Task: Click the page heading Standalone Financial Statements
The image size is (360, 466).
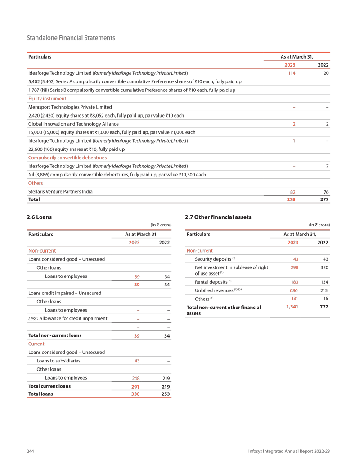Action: click(x=71, y=38)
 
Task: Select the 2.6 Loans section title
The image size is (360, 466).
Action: click(x=40, y=217)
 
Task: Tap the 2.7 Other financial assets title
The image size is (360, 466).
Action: click(x=218, y=217)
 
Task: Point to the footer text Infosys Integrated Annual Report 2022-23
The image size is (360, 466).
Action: click(x=289, y=451)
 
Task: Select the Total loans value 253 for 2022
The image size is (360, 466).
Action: click(x=166, y=394)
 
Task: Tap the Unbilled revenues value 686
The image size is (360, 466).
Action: click(x=293, y=291)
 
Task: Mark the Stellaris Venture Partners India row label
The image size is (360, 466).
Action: click(x=60, y=191)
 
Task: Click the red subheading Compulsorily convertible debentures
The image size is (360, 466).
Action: click(x=67, y=158)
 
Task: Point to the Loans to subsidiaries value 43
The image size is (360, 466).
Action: click(x=137, y=361)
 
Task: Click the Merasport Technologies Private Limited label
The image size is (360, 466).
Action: click(x=70, y=107)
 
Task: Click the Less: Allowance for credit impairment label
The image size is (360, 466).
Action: click(x=67, y=318)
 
